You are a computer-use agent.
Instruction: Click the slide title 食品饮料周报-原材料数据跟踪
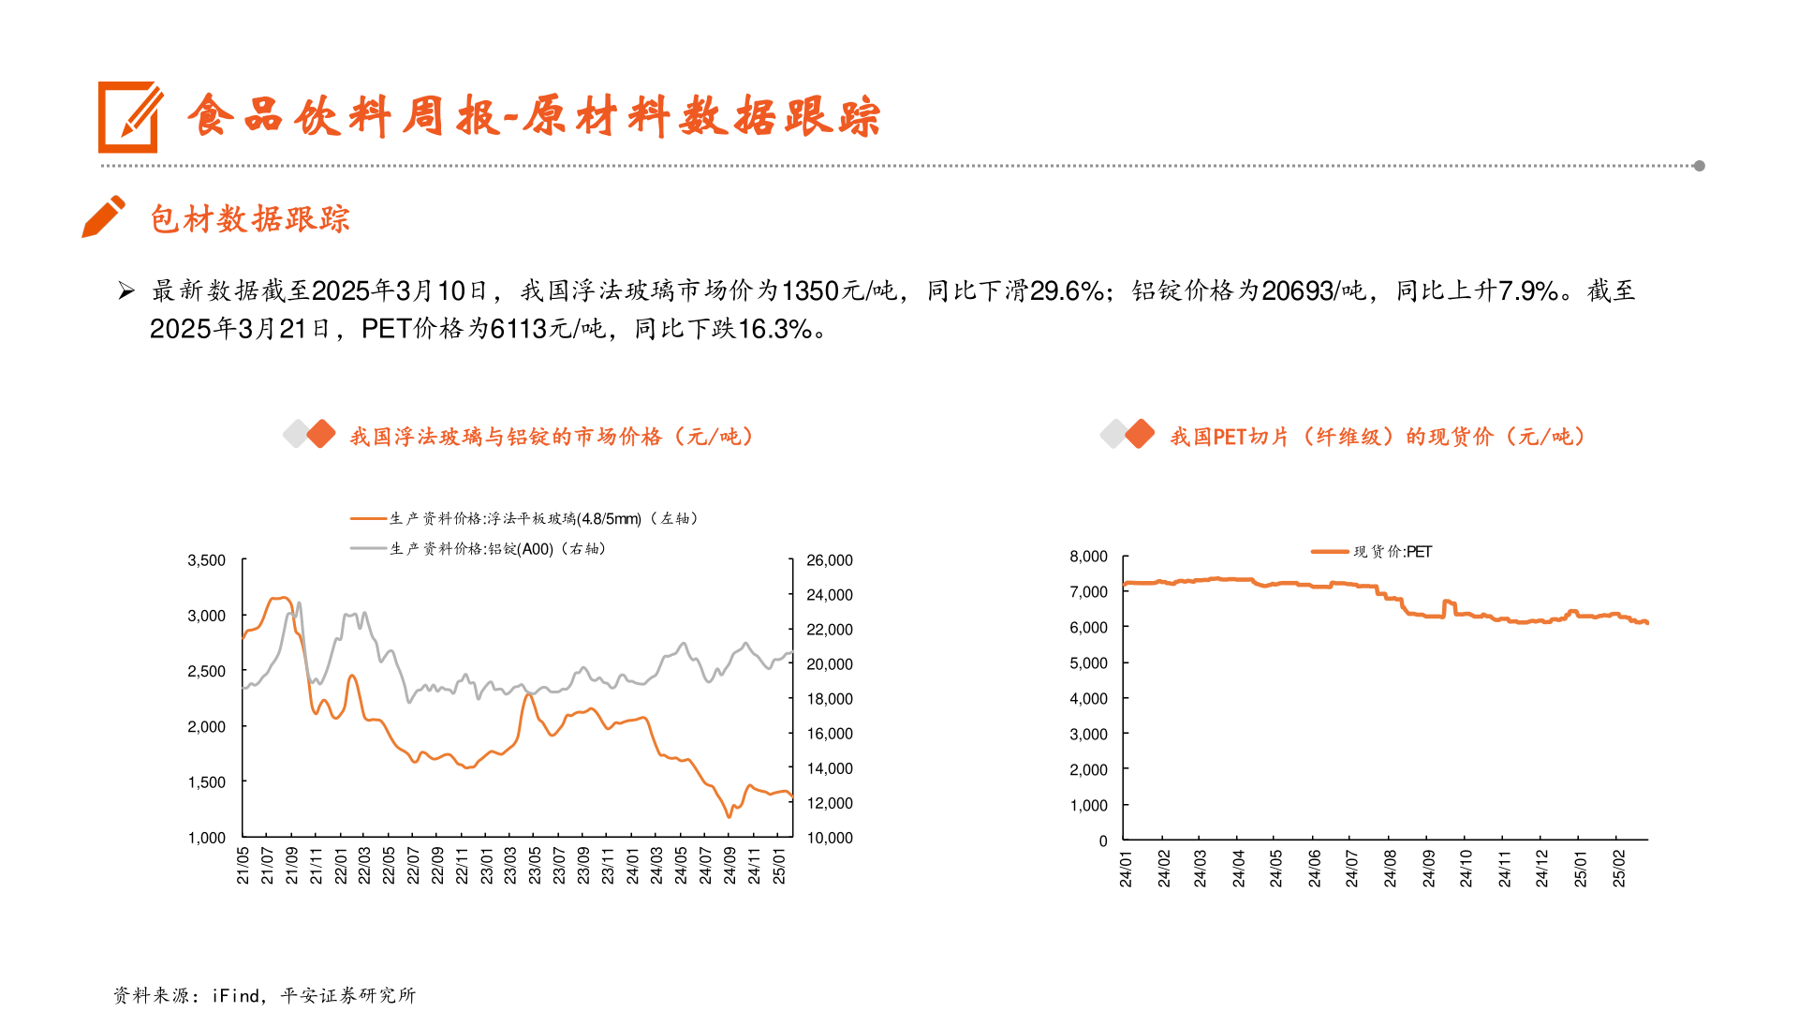[x=534, y=117]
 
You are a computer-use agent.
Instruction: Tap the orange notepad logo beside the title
[x=129, y=117]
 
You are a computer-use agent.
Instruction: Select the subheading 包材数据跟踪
[x=250, y=219]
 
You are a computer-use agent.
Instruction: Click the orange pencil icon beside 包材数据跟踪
[x=103, y=216]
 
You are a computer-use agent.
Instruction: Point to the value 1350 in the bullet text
[x=810, y=291]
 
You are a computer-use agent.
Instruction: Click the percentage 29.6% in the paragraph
[x=1068, y=291]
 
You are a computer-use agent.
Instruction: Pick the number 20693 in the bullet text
[x=1297, y=291]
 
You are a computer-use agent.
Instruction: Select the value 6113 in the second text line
[x=519, y=329]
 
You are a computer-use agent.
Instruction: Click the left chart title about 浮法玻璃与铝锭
[x=552, y=437]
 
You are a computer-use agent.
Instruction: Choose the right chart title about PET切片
[x=1377, y=437]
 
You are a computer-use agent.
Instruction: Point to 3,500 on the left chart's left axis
[x=207, y=560]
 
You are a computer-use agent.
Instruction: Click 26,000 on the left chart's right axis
[x=830, y=560]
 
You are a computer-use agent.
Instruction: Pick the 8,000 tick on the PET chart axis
[x=1088, y=557]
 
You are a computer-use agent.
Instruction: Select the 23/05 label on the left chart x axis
[x=535, y=866]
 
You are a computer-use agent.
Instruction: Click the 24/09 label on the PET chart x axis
[x=1428, y=869]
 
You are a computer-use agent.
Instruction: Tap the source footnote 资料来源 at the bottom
[x=264, y=995]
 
